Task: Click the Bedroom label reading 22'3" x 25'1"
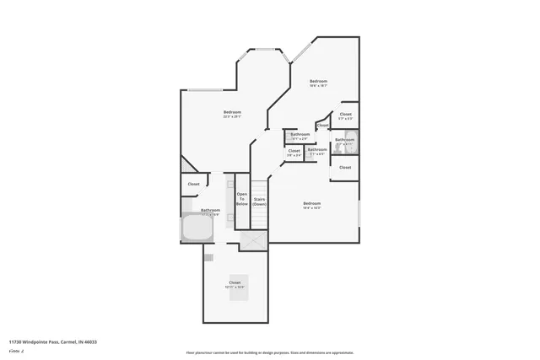click(233, 114)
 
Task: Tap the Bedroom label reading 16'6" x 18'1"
click(317, 83)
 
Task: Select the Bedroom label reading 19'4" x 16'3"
click(312, 204)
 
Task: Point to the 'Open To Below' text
click(241, 200)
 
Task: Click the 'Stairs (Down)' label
click(259, 201)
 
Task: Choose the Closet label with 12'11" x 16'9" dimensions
click(235, 284)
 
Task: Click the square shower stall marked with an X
click(252, 240)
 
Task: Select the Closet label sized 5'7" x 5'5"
click(345, 116)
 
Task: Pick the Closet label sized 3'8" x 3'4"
click(294, 152)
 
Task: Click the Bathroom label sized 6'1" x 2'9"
click(300, 135)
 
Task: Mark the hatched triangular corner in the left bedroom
click(186, 164)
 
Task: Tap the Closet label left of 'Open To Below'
click(193, 183)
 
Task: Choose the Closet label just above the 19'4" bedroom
click(345, 167)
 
